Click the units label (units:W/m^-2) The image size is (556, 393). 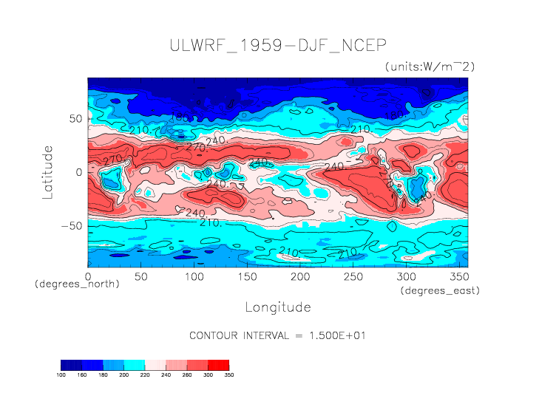430,66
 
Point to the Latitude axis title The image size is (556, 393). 48,171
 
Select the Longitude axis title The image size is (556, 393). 277,307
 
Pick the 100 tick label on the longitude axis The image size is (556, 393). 194,276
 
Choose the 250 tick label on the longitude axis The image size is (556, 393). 352,276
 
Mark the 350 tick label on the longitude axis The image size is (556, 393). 458,276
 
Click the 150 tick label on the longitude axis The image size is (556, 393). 246,276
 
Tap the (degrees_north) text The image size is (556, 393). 77,284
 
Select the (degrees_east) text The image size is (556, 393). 441,291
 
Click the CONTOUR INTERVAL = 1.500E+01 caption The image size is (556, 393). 277,335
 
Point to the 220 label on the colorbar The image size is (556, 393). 144,375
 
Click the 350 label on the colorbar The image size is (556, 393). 228,375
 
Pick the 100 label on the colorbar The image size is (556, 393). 61,375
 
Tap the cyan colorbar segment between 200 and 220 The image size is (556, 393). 134,365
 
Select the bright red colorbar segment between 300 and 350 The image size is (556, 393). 218,365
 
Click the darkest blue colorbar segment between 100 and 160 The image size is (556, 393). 71,365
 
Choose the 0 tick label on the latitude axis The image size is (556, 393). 79,171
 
